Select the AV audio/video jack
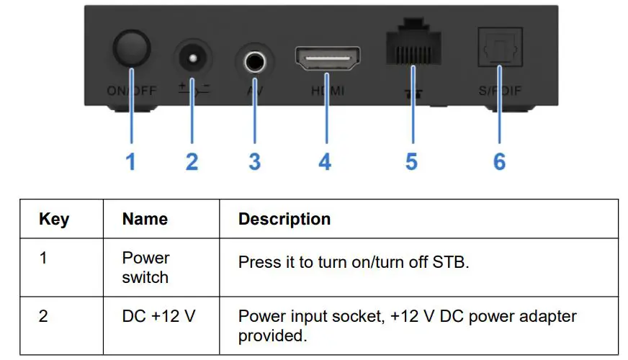(254, 63)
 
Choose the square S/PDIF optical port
(499, 48)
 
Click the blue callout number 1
(130, 161)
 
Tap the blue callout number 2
(192, 161)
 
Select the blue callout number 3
(254, 161)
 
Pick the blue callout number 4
(326, 161)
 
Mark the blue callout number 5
(411, 161)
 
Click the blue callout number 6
(499, 161)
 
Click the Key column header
(54, 219)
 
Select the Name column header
(145, 219)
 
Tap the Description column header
(284, 219)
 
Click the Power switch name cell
(145, 267)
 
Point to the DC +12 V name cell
(158, 316)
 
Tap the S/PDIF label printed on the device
(499, 91)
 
